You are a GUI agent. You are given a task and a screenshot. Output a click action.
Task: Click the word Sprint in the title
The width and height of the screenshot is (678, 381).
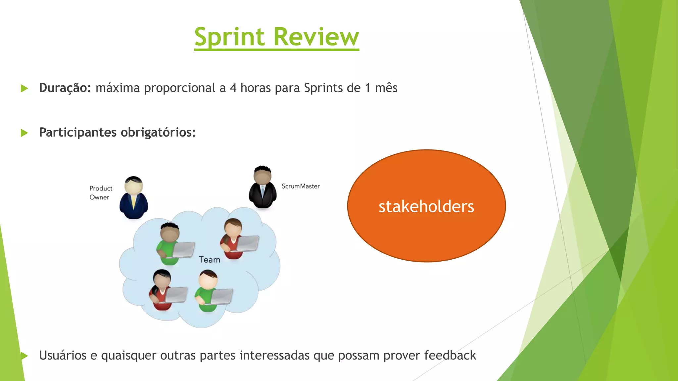[x=229, y=37]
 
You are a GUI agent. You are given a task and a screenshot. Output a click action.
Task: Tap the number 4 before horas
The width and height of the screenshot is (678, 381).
[x=233, y=88]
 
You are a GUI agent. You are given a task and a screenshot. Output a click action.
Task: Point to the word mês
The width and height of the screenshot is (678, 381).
[x=386, y=88]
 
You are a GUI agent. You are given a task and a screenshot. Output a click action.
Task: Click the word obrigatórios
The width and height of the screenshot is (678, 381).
[x=158, y=132]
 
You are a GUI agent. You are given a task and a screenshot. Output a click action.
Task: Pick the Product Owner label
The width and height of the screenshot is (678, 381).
[x=101, y=193]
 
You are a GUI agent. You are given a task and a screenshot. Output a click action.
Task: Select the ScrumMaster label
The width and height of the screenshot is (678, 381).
[x=301, y=186]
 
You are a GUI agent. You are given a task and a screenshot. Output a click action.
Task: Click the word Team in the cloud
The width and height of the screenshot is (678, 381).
[x=209, y=260]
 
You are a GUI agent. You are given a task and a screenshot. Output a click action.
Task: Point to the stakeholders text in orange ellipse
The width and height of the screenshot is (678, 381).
[x=426, y=206]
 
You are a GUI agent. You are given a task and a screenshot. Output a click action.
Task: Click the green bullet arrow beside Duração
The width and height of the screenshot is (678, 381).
[x=24, y=88]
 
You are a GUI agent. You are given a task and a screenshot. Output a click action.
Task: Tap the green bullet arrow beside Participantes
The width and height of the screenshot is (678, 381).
[x=24, y=133]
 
